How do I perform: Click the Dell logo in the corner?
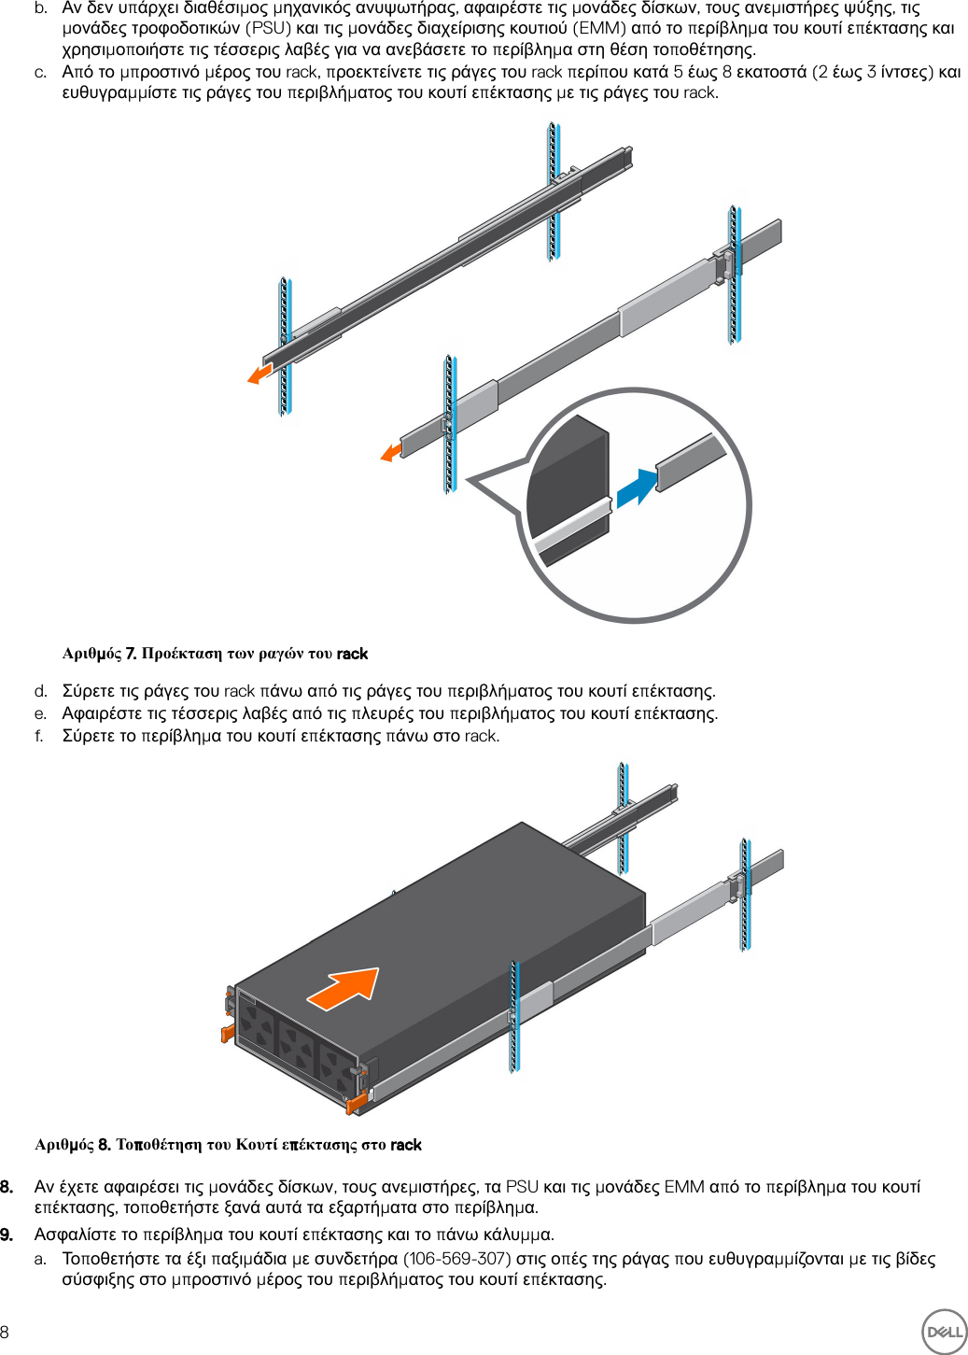[x=944, y=1331]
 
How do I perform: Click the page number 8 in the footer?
[x=6, y=1332]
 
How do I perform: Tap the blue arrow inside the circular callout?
[x=637, y=487]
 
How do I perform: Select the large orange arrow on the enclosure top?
[x=344, y=988]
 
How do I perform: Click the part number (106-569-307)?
[x=456, y=1258]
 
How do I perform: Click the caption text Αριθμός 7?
[x=99, y=654]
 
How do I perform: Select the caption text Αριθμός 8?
[x=72, y=1145]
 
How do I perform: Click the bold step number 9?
[x=7, y=1235]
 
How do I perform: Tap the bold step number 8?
[x=7, y=1187]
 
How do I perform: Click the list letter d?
[x=40, y=691]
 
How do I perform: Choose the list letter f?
[x=39, y=736]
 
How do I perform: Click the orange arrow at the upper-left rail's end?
[x=260, y=374]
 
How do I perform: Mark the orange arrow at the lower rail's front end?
[x=391, y=453]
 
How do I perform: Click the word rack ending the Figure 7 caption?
[x=352, y=654]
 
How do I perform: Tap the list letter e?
[x=40, y=713]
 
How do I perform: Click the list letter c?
[x=40, y=72]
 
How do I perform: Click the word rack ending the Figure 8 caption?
[x=405, y=1145]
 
